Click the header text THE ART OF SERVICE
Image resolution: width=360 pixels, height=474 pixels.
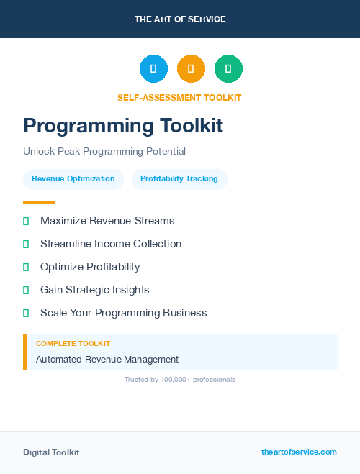(180, 19)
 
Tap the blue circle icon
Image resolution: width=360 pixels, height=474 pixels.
(153, 69)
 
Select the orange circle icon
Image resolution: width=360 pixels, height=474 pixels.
(191, 69)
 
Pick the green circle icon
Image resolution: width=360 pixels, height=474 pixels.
(228, 69)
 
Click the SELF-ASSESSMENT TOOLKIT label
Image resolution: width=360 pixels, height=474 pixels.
(180, 98)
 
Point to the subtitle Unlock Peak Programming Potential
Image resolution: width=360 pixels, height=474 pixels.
(104, 152)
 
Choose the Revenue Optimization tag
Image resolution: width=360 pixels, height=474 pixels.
(73, 179)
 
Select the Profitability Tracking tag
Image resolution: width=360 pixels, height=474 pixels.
(179, 179)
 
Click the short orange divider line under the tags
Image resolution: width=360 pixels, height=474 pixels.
(39, 202)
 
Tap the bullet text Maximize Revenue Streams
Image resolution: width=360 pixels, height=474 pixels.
(107, 221)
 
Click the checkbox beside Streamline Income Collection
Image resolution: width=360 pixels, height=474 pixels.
(26, 245)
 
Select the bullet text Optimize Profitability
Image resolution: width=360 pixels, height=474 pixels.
(90, 267)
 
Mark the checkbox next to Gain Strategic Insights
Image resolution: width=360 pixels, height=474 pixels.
(26, 291)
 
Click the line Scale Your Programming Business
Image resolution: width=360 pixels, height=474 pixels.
(124, 313)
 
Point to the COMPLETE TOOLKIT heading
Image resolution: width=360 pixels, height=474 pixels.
(73, 344)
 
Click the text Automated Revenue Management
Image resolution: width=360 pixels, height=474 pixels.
(107, 360)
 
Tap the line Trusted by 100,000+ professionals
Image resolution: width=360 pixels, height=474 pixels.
(180, 380)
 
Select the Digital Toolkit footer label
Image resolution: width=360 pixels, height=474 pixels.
(51, 452)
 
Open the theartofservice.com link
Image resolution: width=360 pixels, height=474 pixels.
(299, 452)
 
